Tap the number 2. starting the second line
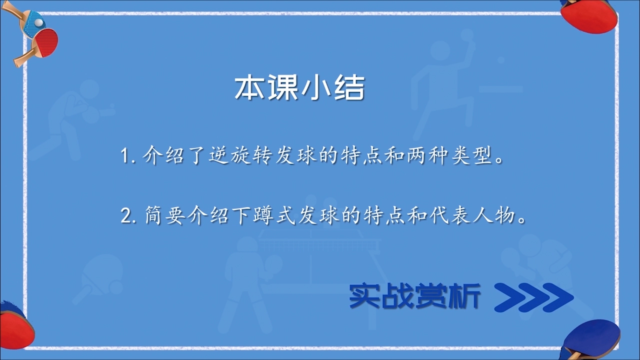click(x=128, y=215)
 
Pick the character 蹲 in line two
click(x=262, y=215)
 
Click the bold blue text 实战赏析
click(x=415, y=295)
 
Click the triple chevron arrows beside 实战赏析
click(x=533, y=297)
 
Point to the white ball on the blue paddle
click(x=39, y=22)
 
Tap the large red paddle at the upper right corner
click(x=588, y=17)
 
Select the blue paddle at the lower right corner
click(x=593, y=340)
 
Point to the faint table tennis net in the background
click(x=319, y=243)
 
